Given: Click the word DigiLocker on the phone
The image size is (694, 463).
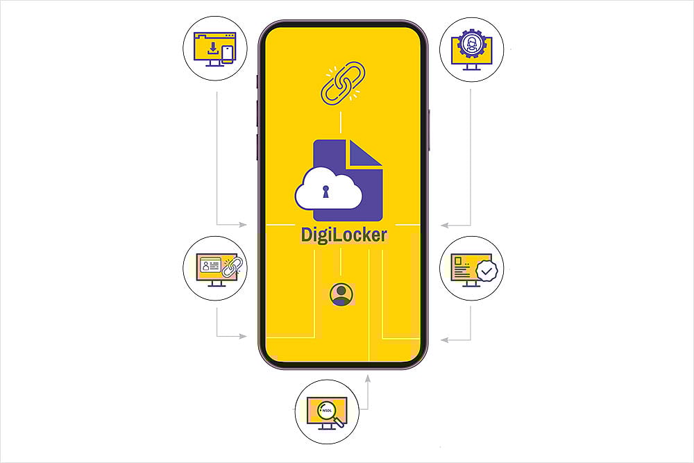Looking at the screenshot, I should tap(344, 234).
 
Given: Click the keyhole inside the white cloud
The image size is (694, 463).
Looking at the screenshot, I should tap(325, 192).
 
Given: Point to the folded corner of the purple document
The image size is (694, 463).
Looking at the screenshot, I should tap(365, 153).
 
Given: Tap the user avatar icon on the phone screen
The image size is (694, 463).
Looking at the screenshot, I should tap(341, 294).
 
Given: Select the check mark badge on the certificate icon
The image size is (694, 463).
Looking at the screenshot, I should tap(487, 270).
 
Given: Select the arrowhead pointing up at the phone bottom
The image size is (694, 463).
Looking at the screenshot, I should tap(368, 379).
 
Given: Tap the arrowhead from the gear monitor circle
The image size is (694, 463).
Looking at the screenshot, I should tap(445, 225).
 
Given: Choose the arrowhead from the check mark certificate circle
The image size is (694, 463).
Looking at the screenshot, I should tap(445, 339).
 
